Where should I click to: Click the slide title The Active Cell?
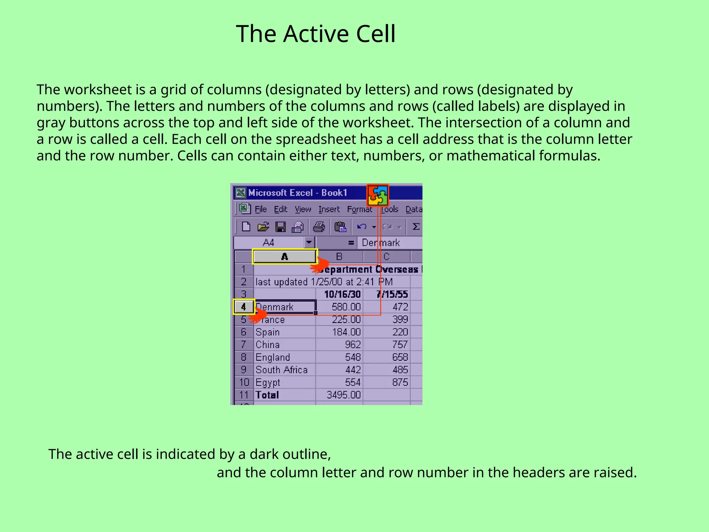coord(315,34)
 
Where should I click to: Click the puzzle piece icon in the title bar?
coord(377,195)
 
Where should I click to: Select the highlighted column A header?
coord(285,257)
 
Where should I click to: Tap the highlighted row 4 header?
coord(244,307)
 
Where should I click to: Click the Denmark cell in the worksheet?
coord(285,307)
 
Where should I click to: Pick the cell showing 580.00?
coord(346,307)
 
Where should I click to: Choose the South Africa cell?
coord(281,370)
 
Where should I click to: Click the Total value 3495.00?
coord(343,395)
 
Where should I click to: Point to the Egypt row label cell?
coord(268,382)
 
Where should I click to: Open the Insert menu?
coord(329,209)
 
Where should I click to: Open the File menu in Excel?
coord(261,209)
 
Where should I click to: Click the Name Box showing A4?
coord(269,242)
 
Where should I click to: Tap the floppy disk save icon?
coord(280,227)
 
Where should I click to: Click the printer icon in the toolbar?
coord(319,227)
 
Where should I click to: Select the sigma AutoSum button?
coord(416,227)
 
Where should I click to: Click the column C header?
coord(387,257)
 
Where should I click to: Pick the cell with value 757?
coord(400,345)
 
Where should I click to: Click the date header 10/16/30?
coord(342,294)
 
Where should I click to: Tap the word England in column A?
coord(273,357)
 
